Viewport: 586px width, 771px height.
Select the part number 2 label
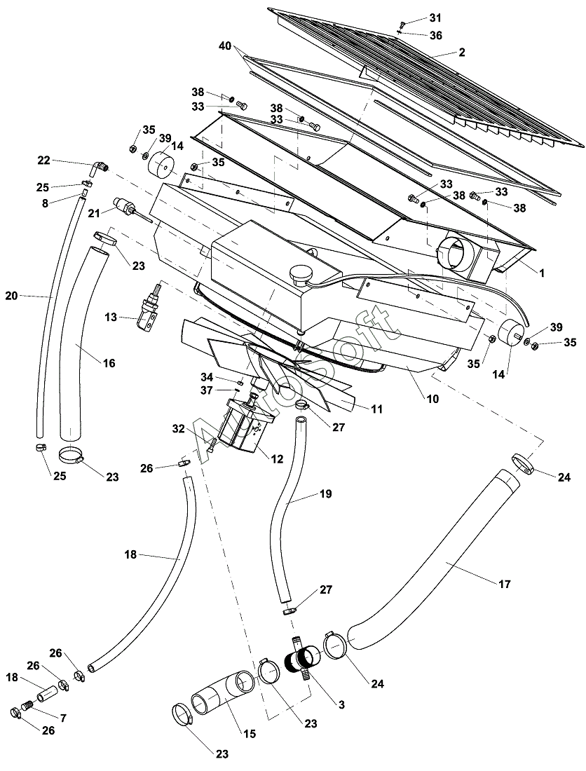(461, 53)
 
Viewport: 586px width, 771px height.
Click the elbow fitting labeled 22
(100, 168)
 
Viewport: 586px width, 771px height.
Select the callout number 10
(432, 399)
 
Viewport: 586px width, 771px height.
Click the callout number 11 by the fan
(377, 408)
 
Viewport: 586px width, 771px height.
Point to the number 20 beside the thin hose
(11, 296)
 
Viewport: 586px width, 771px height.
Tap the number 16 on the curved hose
(109, 363)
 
